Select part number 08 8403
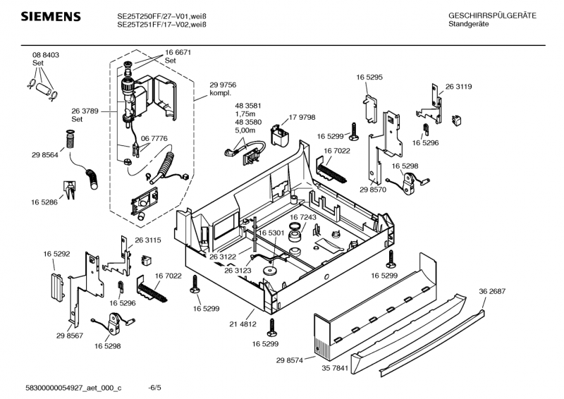pos(45,55)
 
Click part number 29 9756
pos(223,84)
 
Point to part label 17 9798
pos(303,117)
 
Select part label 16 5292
pos(56,253)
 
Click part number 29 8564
pos(44,154)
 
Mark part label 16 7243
pos(303,219)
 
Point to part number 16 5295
pos(369,77)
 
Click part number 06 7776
pos(154,139)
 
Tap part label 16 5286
pos(44,202)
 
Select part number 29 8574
pos(290,360)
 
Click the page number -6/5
pos(155,388)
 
